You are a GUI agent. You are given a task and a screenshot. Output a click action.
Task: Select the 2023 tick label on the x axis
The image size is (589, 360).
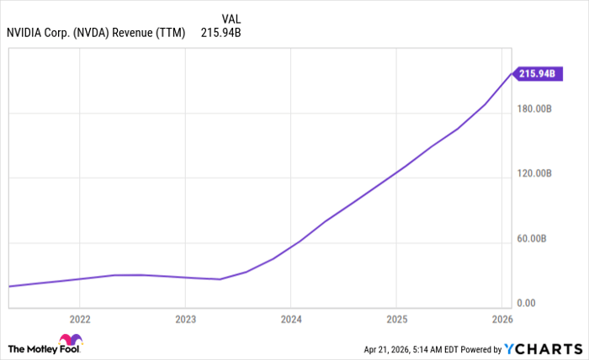click(185, 320)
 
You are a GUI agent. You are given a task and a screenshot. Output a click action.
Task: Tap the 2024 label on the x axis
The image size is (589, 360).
click(290, 320)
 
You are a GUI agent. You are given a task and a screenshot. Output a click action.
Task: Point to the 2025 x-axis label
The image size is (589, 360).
click(395, 320)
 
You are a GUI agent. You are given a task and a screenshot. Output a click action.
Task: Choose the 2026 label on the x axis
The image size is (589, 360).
click(501, 320)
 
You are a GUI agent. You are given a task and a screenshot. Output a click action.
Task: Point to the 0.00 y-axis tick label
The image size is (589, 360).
click(527, 303)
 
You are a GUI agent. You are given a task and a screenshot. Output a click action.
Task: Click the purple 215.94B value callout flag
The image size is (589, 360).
click(536, 74)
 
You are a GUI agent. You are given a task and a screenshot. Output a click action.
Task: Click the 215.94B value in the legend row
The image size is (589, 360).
click(221, 33)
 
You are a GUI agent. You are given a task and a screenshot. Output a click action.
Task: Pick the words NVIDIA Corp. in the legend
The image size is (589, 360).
click(40, 33)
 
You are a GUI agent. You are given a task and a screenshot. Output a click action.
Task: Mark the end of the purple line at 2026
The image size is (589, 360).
click(511, 74)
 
